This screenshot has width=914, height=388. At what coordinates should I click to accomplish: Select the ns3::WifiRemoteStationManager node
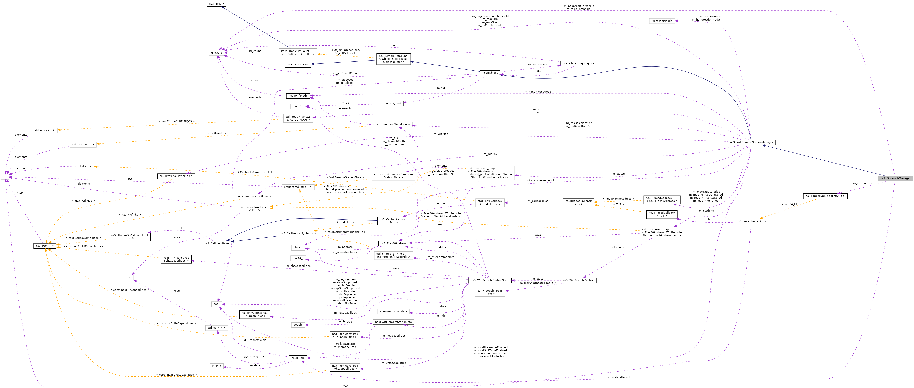pyautogui.click(x=751, y=142)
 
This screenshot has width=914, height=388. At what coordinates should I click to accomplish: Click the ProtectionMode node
pyautogui.click(x=661, y=21)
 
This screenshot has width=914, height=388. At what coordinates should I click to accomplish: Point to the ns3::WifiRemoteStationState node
pyautogui.click(x=490, y=280)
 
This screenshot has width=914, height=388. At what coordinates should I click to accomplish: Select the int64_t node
pyautogui.click(x=216, y=366)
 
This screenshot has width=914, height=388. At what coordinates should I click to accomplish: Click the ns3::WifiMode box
pyautogui.click(x=298, y=96)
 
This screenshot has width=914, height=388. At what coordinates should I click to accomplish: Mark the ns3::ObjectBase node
pyautogui.click(x=298, y=65)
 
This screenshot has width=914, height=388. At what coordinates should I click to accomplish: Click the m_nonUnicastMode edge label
pyautogui.click(x=538, y=92)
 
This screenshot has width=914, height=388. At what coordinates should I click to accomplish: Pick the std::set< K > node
pyautogui.click(x=216, y=328)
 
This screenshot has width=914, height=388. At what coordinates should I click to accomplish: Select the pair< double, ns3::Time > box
pyautogui.click(x=490, y=292)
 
